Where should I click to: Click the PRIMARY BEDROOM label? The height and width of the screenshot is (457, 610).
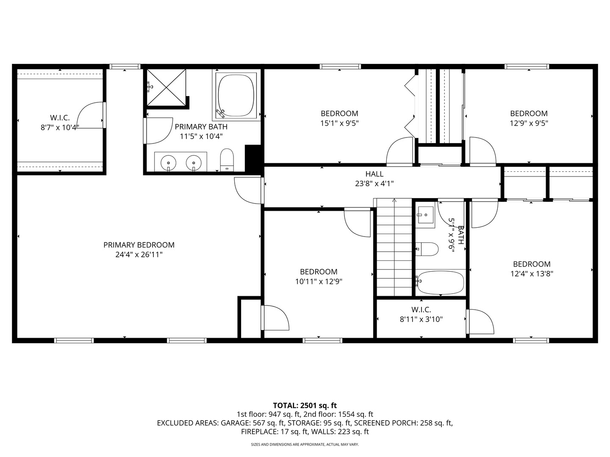coord(139,245)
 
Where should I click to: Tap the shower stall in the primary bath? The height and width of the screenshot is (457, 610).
coord(166,88)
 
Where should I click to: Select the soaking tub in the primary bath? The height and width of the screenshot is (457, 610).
coord(236,95)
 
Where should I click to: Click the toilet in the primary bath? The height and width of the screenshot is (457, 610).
coord(227,160)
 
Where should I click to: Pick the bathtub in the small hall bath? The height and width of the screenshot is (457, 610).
coord(441,283)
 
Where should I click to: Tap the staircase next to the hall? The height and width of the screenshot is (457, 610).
coord(394,247)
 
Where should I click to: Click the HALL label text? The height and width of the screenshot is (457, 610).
coord(374,174)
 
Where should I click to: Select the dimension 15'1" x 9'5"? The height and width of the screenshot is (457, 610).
coord(340,123)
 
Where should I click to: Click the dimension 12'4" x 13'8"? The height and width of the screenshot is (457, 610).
coord(532,274)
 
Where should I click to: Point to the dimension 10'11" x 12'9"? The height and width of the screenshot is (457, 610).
coord(319,282)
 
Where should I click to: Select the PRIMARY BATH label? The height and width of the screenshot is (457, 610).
coord(201,127)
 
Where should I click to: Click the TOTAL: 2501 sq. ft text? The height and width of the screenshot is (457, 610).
coord(305,405)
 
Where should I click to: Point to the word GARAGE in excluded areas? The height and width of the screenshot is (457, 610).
coord(236,423)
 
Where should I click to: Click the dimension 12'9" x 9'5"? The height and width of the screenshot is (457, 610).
coord(529,123)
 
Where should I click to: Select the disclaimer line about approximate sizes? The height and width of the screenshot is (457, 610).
coord(305,444)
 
